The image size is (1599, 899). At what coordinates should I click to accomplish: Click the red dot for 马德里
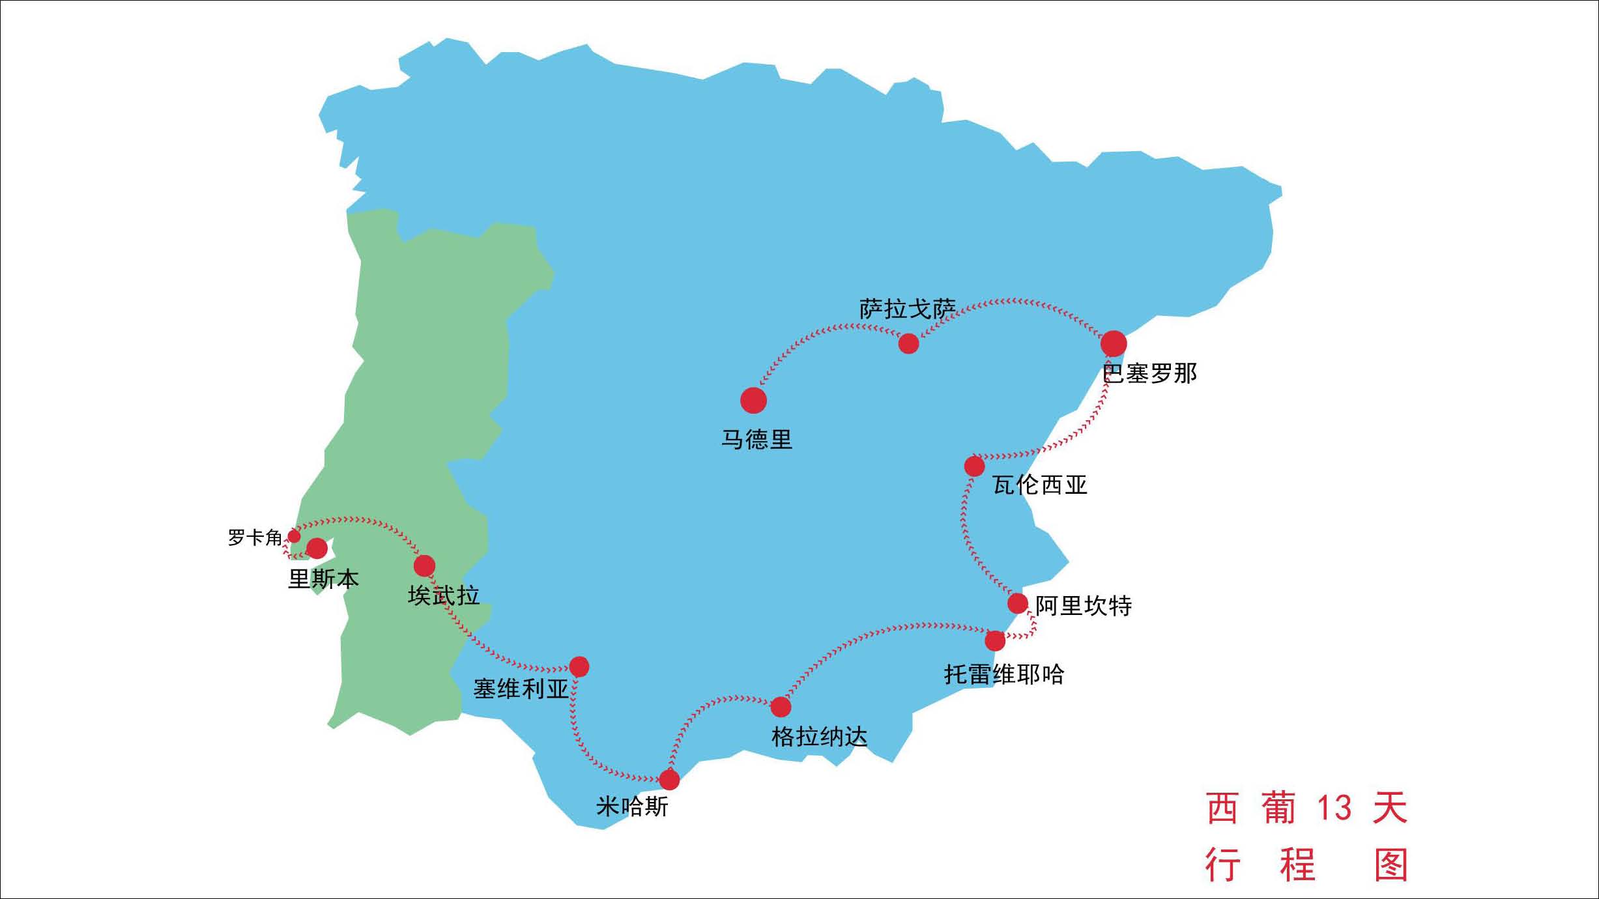coord(753,400)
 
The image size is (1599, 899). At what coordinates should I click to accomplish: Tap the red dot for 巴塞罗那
coord(1114,343)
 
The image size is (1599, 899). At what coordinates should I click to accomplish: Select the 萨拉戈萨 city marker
coord(908,343)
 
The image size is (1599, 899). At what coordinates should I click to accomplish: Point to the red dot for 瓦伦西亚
coord(974,466)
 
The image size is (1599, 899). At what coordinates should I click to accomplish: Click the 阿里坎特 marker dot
coord(1018,603)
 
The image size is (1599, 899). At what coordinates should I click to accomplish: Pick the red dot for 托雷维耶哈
coord(995,641)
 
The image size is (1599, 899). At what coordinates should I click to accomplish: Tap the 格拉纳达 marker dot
coord(781,707)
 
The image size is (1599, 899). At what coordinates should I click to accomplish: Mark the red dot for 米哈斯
coord(669,779)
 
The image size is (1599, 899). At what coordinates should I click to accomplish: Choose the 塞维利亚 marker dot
coord(579,666)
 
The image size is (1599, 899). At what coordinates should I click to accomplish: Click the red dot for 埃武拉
coord(424,565)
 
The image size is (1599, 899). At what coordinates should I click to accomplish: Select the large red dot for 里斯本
coord(317,548)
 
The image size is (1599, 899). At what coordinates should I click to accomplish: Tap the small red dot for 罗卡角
coord(295,536)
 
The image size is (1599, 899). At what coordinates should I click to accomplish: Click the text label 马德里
coord(756,440)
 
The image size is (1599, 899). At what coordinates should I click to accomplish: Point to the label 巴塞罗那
coord(1150,374)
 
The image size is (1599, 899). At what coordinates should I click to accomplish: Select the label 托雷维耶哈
coord(1004,674)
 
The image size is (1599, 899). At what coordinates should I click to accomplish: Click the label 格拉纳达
coord(819,737)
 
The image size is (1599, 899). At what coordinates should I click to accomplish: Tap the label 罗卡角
coord(255,537)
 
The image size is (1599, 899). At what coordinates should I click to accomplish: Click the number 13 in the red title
coord(1334,808)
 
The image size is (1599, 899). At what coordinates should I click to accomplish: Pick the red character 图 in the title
coord(1391,865)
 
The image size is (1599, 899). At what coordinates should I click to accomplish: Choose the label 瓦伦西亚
coord(1040,485)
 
